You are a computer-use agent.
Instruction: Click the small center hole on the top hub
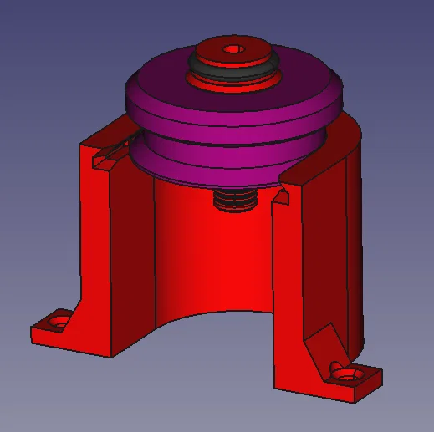point(232,48)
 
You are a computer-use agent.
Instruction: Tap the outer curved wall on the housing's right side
point(355,251)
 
